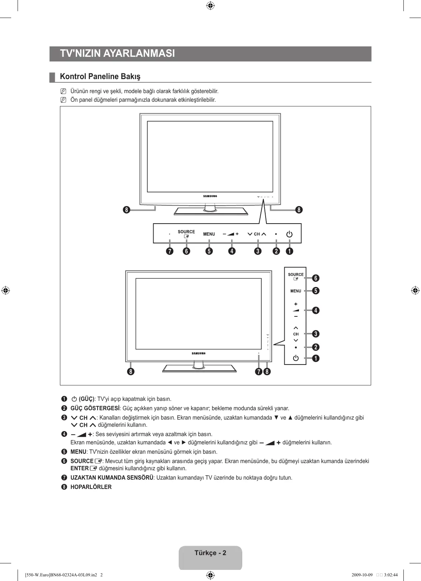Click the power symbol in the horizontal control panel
[289, 234]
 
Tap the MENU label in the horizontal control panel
[209, 234]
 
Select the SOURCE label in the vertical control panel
[296, 274]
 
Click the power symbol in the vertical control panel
[295, 358]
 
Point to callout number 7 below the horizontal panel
[169, 251]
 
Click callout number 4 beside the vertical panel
[315, 310]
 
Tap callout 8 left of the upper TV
[126, 210]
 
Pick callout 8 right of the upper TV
[299, 210]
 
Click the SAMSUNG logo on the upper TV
[210, 196]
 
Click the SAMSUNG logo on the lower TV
[198, 353]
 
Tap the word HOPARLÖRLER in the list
[91, 487]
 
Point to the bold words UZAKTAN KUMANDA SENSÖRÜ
[112, 477]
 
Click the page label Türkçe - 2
[210, 553]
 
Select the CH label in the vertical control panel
[296, 334]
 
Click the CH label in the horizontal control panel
[257, 234]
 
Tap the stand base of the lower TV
[199, 369]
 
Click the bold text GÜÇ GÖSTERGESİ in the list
[95, 408]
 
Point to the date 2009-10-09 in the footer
[362, 575]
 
